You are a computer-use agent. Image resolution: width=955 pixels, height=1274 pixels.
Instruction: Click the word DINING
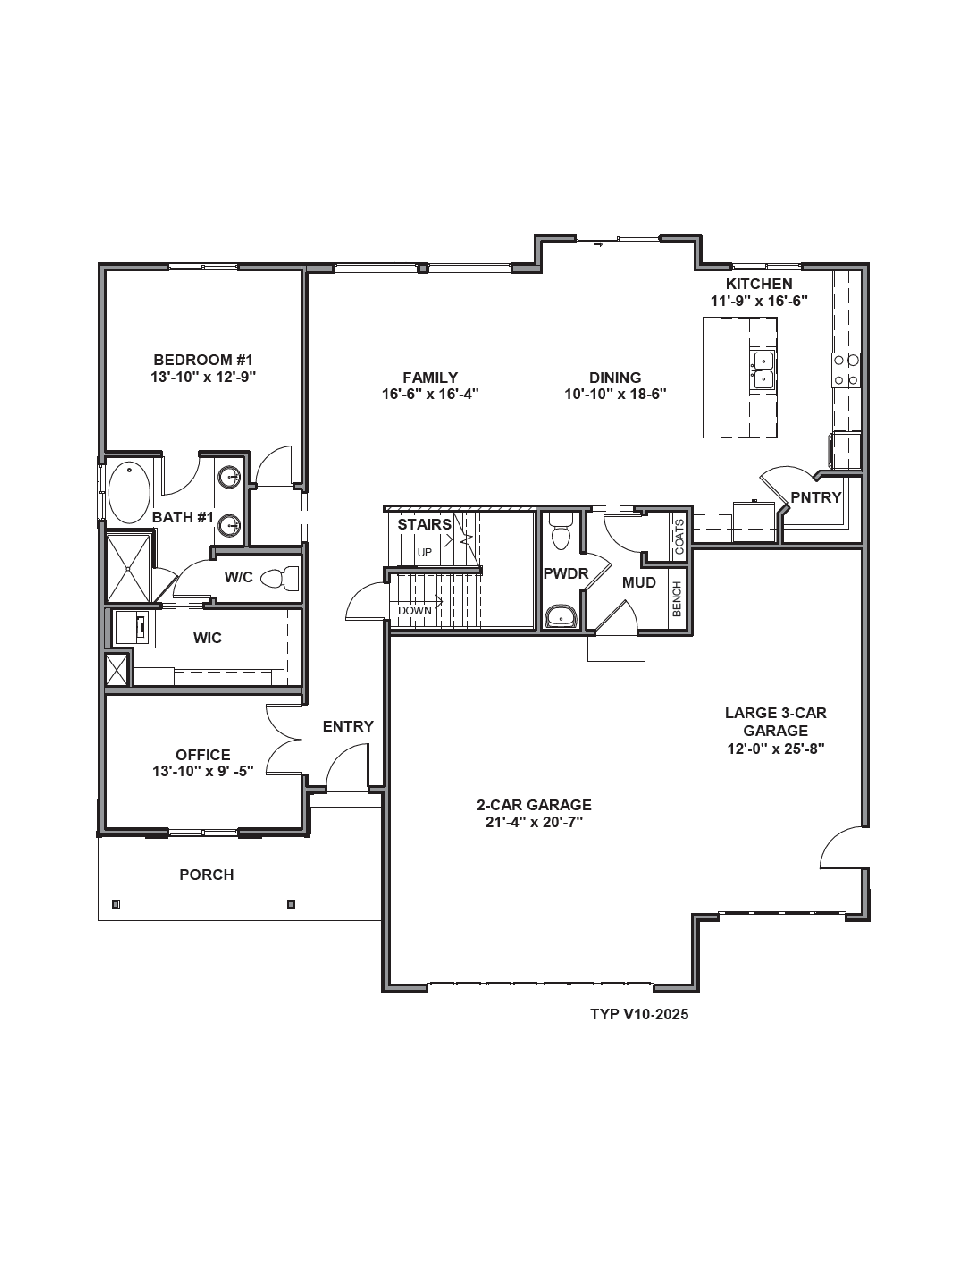tap(615, 378)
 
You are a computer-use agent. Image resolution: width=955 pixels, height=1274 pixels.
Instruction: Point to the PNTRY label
tap(816, 497)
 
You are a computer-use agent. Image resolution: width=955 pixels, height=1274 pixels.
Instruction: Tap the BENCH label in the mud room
tap(677, 599)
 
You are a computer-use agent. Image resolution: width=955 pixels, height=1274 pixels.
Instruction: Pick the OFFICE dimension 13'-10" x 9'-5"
tap(203, 771)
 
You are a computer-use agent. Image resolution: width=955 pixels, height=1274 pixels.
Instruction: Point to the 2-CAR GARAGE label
tap(534, 805)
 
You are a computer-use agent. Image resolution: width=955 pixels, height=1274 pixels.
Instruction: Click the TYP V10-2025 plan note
tap(639, 1014)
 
